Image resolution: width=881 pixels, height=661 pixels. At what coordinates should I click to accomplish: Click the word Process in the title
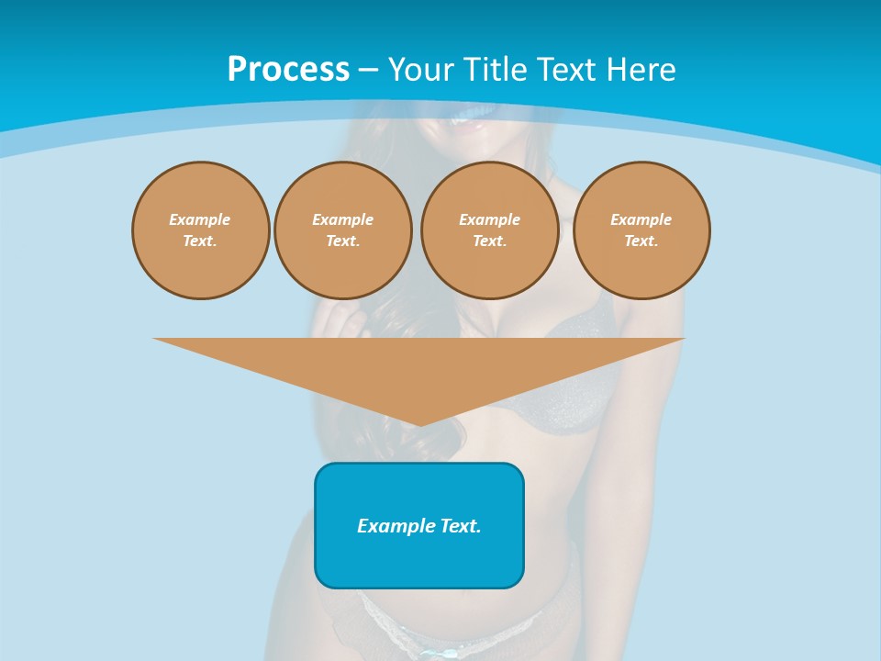coord(288,70)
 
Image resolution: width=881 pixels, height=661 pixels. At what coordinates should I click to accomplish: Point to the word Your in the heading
coord(418,70)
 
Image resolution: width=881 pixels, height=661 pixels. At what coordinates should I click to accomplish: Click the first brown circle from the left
coord(200,230)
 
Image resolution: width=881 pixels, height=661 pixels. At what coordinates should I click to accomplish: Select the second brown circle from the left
coord(342,230)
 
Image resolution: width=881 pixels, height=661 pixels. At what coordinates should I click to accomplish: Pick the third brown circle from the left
coord(489,230)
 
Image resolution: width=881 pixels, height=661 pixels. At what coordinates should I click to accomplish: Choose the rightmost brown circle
coord(641,230)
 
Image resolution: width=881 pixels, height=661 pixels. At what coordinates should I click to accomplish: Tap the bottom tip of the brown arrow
coord(419,424)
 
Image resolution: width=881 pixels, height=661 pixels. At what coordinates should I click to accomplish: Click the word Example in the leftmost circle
coord(200,220)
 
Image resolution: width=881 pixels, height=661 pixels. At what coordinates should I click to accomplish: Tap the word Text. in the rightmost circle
coord(641,241)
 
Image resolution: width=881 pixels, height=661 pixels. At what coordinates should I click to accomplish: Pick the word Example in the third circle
coord(489,220)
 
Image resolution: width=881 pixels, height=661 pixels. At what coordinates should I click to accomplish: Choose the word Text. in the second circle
coord(342,241)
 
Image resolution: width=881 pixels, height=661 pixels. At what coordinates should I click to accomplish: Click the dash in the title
coord(369,71)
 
